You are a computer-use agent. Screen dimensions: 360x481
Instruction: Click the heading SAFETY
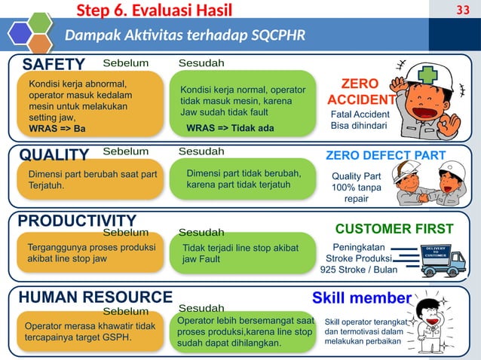54,63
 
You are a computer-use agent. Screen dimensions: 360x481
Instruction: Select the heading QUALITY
54,154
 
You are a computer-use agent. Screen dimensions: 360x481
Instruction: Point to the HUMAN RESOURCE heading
95,297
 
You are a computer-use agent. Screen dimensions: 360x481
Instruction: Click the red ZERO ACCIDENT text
360,91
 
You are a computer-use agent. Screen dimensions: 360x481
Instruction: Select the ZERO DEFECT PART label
385,155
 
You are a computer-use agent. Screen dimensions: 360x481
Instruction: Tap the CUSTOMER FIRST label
394,228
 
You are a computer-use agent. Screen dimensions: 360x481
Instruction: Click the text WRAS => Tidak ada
230,128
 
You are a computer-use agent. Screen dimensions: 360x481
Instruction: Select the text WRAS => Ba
57,128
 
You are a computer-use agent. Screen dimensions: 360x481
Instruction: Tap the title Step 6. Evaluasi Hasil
154,9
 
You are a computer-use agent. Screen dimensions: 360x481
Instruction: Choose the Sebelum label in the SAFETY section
125,61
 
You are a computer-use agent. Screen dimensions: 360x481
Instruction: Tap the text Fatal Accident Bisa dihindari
360,120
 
